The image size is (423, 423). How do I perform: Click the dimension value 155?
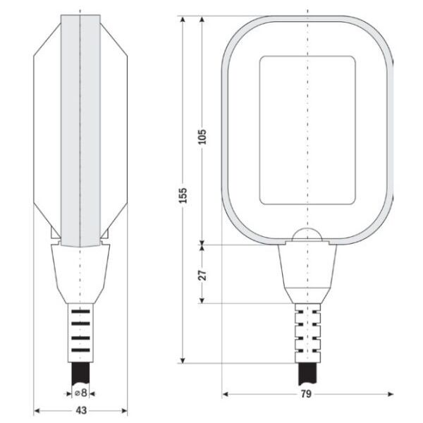[183, 195]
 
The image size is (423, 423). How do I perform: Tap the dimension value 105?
[202, 137]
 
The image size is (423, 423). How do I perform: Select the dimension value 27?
[202, 275]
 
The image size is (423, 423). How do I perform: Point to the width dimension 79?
[306, 394]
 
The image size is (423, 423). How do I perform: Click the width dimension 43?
[81, 410]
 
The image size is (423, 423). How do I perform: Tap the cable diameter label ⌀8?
[81, 393]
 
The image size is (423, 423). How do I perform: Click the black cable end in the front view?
[307, 374]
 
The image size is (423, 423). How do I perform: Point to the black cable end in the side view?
[80, 373]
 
